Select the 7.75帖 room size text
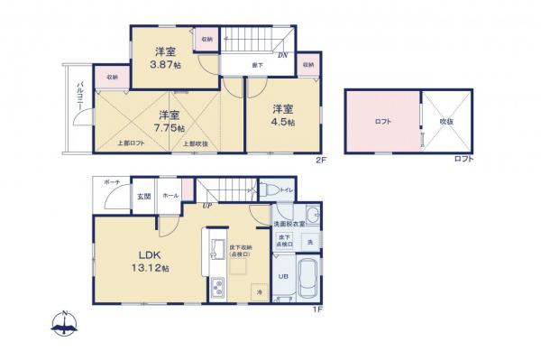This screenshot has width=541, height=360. tap(166, 129)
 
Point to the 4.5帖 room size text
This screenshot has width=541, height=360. tap(282, 123)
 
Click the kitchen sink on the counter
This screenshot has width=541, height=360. tap(216, 248)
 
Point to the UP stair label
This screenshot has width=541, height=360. tap(207, 205)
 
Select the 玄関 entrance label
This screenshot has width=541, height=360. tap(143, 195)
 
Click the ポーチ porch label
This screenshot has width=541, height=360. tap(112, 182)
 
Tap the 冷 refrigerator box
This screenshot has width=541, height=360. tap(258, 294)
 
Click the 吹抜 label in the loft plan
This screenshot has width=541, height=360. tap(445, 120)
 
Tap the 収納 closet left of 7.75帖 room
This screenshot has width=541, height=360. tap(112, 78)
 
